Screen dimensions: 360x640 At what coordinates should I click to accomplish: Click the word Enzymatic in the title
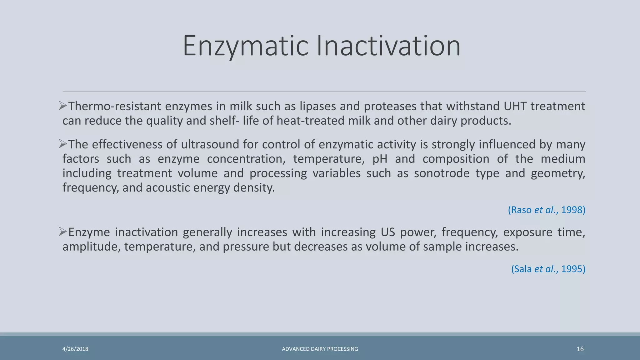[246, 46]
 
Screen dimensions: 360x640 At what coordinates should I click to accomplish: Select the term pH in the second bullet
[380, 159]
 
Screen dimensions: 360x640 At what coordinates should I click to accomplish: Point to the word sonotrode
[442, 173]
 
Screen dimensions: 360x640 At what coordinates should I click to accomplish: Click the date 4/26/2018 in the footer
[75, 349]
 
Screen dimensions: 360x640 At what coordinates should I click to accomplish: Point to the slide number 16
[580, 349]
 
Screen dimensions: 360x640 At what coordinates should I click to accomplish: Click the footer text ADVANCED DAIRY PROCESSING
[320, 349]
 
